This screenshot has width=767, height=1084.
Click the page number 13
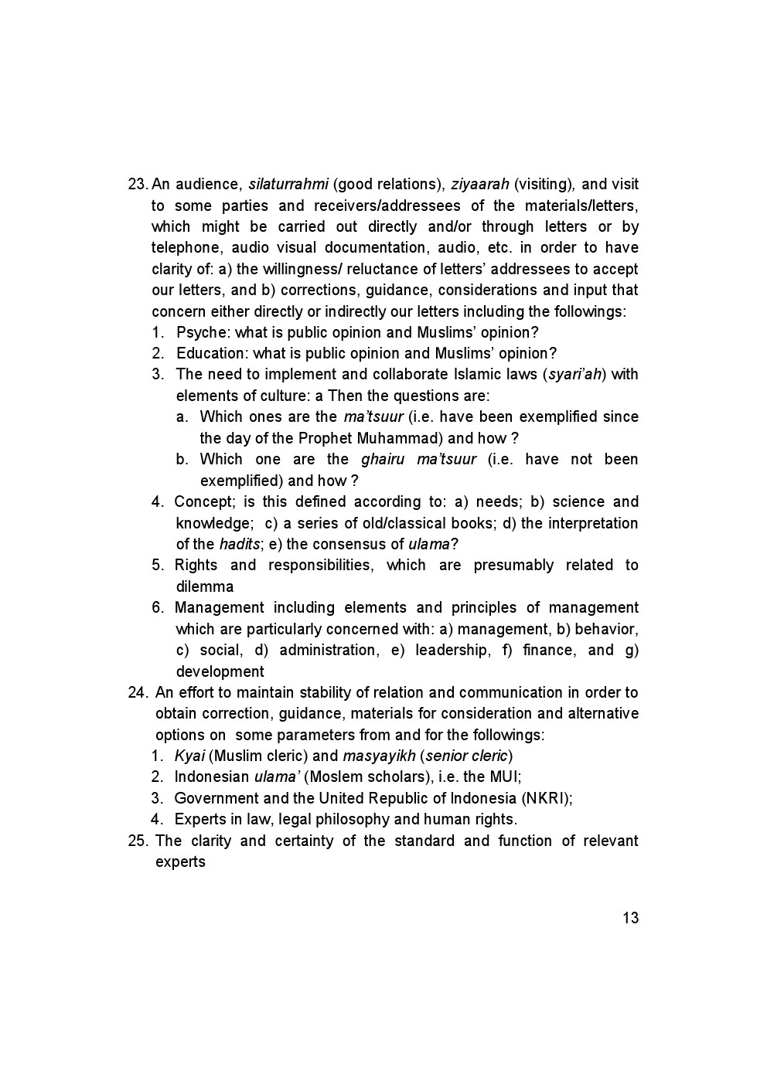point(630,918)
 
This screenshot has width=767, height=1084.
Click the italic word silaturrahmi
point(288,185)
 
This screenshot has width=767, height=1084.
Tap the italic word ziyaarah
point(479,185)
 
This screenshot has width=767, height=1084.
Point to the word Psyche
point(201,333)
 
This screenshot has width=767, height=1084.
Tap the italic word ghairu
point(383,460)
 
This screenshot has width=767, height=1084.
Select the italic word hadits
point(240,545)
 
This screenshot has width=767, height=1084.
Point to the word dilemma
point(205,587)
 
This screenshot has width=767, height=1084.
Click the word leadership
point(452,651)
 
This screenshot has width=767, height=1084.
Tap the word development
point(220,672)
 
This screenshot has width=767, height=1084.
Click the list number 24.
point(138,693)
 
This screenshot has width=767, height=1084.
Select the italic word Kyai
point(189,756)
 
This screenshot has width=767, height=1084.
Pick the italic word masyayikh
point(379,756)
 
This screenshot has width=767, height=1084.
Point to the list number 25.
point(138,841)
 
